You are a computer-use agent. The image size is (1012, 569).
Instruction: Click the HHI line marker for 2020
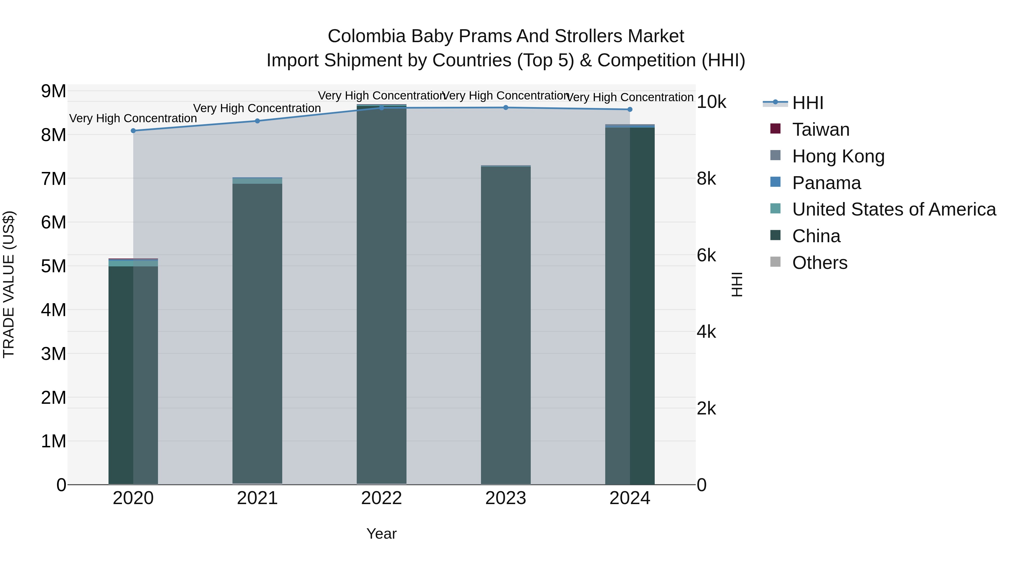[133, 131]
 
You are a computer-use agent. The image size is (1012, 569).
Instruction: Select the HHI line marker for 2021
[257, 121]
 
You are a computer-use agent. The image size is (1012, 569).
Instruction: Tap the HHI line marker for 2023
[506, 108]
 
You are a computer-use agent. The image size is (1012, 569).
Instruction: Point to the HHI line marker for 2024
[630, 110]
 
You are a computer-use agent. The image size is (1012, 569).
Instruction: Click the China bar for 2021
[257, 334]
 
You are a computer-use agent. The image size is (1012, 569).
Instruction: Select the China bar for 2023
[506, 326]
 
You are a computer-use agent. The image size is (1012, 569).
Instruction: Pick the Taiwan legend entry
[821, 130]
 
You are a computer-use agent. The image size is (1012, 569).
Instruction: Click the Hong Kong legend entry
[838, 156]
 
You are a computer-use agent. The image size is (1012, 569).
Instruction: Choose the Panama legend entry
[826, 183]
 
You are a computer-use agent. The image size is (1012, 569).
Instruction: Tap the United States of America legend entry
[894, 209]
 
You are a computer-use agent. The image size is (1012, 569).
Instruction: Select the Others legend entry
[819, 263]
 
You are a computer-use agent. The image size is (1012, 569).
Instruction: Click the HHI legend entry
[808, 103]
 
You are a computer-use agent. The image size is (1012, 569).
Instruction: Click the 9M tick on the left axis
[53, 91]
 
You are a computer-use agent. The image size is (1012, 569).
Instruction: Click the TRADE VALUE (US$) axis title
[9, 284]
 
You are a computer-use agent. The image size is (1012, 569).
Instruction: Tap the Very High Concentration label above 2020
[133, 118]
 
